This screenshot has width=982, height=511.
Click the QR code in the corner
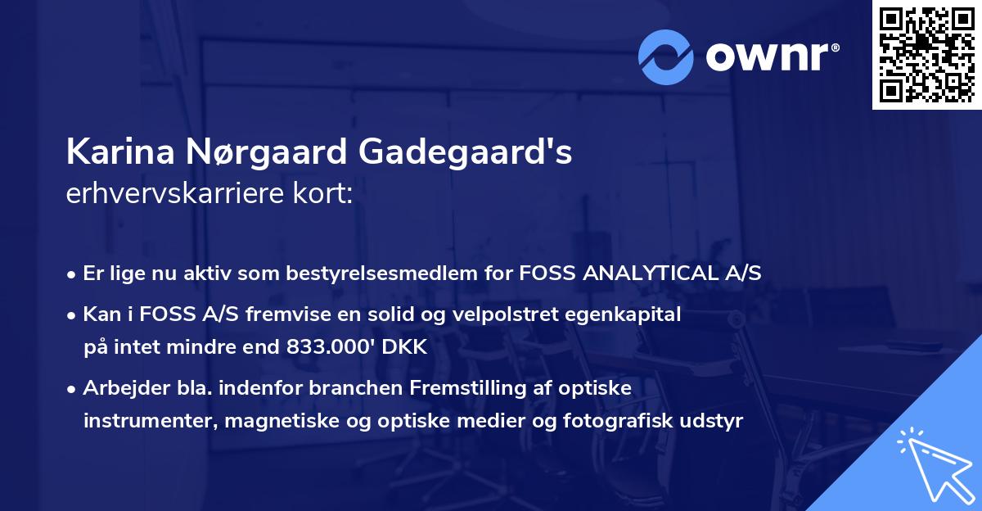point(926,55)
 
